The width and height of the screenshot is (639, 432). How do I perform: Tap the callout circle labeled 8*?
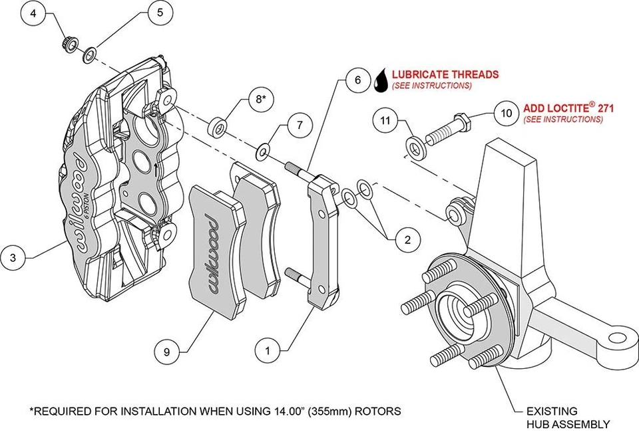click(x=260, y=100)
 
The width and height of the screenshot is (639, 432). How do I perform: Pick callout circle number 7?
click(x=300, y=124)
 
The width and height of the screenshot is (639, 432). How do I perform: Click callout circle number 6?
click(x=357, y=80)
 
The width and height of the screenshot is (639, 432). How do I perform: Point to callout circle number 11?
click(x=384, y=121)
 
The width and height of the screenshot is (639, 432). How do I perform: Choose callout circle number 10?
click(x=506, y=114)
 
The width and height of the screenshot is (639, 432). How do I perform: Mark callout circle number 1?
click(x=268, y=348)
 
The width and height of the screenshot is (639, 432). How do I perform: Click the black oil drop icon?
click(x=381, y=80)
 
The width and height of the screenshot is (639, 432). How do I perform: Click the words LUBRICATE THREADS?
click(x=445, y=74)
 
